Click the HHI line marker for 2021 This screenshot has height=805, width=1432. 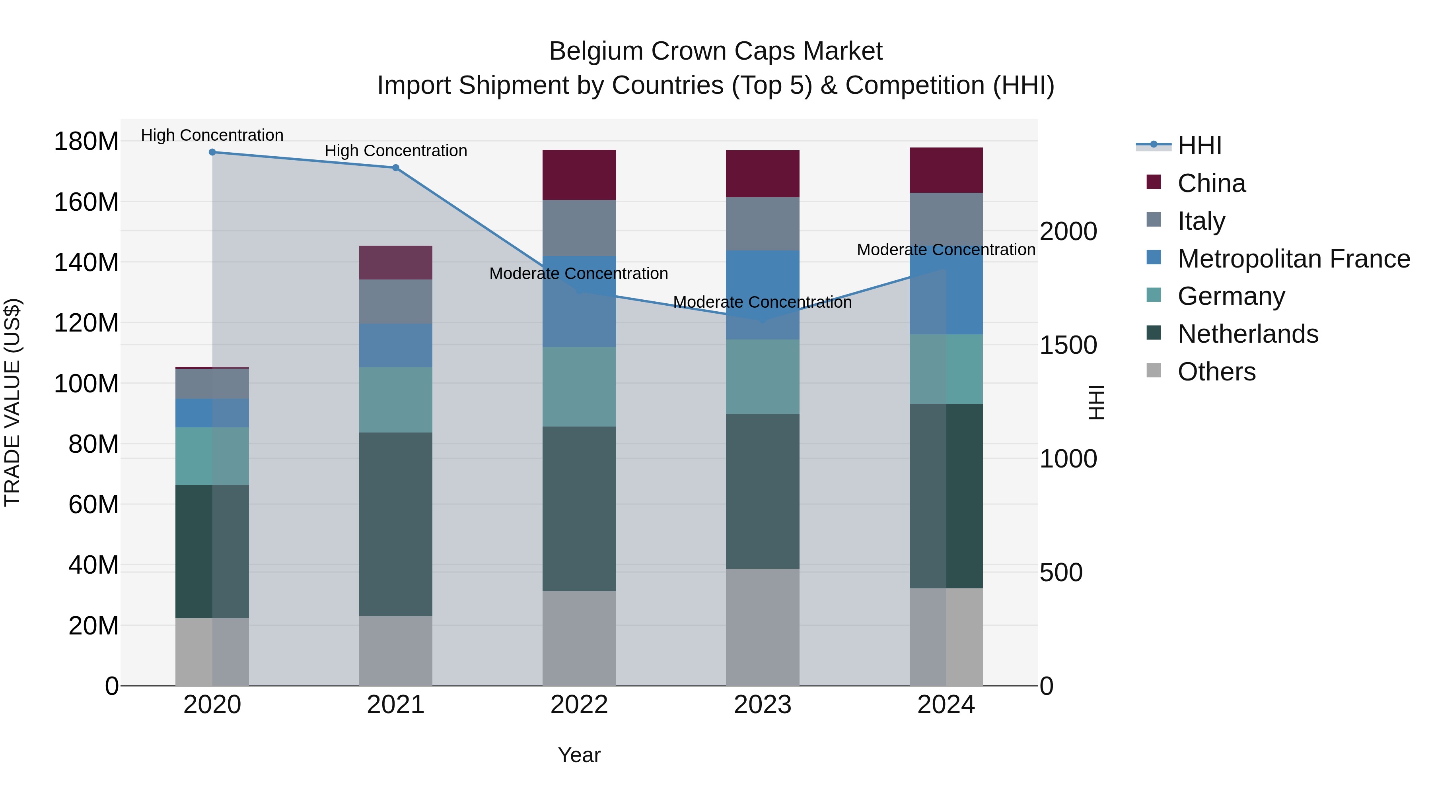coord(396,168)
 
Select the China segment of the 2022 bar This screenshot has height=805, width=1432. coord(579,175)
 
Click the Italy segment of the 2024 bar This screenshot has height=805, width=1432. coord(946,219)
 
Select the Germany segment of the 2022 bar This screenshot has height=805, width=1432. coord(579,387)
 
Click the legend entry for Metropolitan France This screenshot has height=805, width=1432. coord(1293,259)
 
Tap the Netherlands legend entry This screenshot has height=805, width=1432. coord(1247,334)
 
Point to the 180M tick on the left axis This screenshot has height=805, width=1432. coord(86,142)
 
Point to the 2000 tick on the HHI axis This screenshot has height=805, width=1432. coord(1068,232)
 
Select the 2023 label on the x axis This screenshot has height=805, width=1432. coord(763,705)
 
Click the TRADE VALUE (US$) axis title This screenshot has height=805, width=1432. coord(12,402)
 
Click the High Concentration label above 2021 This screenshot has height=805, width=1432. coord(396,151)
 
